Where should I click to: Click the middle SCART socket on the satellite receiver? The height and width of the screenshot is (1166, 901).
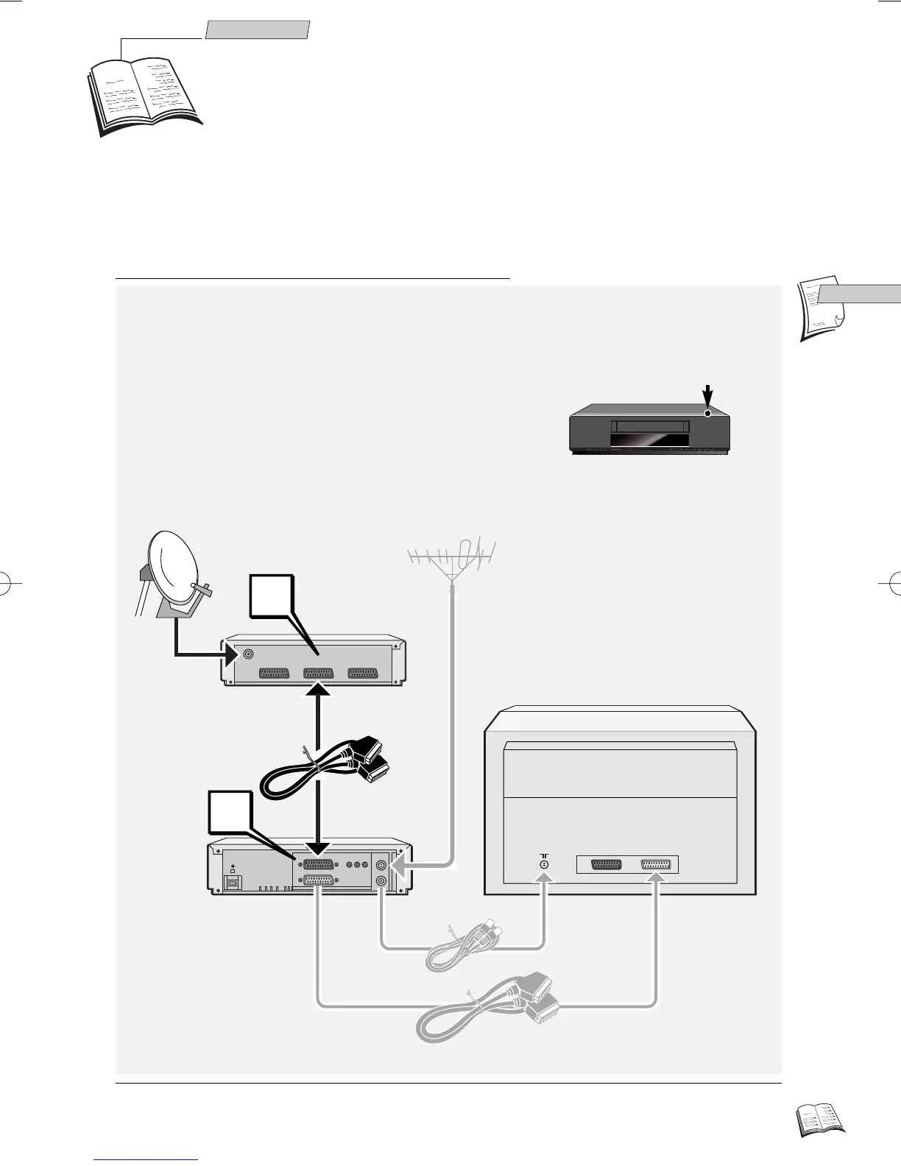[x=319, y=674]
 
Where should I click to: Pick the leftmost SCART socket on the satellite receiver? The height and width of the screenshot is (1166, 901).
[x=275, y=674]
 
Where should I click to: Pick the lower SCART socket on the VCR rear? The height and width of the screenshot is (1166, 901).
[x=319, y=880]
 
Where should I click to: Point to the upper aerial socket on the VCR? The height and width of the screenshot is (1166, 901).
[x=382, y=866]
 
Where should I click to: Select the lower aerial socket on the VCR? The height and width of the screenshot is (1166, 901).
[x=382, y=881]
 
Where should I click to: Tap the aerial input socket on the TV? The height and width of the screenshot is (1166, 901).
[x=544, y=865]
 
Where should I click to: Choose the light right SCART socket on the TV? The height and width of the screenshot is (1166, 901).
[x=656, y=865]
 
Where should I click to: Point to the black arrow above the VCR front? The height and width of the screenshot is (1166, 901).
[x=708, y=395]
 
